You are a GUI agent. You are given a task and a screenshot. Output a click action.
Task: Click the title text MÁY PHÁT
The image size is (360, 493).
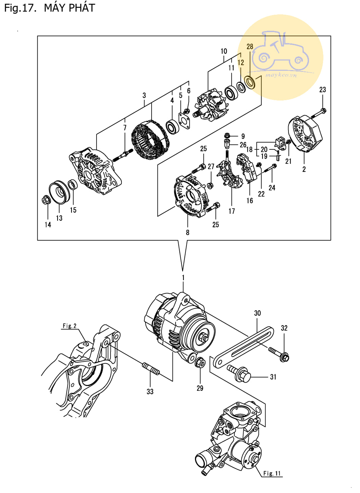pos(69,8)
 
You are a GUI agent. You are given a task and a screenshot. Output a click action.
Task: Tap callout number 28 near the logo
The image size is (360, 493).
pos(250,46)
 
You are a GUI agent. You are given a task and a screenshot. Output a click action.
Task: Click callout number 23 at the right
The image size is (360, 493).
pos(323,90)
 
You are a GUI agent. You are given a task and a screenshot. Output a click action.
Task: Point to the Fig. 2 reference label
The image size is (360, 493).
pos(69,326)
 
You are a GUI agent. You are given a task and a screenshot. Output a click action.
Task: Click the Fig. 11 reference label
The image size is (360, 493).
pos(272,473)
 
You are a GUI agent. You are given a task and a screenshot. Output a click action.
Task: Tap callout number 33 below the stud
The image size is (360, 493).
pos(150,391)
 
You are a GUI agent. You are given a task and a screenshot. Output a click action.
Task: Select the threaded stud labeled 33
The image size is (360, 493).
pos(151,369)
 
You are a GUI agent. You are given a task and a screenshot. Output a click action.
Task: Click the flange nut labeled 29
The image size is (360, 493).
pos(200,362)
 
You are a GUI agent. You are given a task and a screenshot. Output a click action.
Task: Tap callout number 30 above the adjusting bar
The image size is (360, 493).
pos(257,313)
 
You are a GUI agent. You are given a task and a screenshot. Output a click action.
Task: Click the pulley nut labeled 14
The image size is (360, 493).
pos(46,200)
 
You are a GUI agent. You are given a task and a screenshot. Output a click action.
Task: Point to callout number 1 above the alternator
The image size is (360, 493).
pos(183,278)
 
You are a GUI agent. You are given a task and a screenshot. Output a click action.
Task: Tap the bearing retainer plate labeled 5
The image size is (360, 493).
pos(184,121)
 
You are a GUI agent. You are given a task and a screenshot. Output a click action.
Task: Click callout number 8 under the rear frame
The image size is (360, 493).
pos(188,232)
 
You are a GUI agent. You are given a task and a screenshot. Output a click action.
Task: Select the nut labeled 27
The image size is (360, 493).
pos(210,185)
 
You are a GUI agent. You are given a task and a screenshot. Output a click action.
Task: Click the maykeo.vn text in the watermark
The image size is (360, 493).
pos(281,76)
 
